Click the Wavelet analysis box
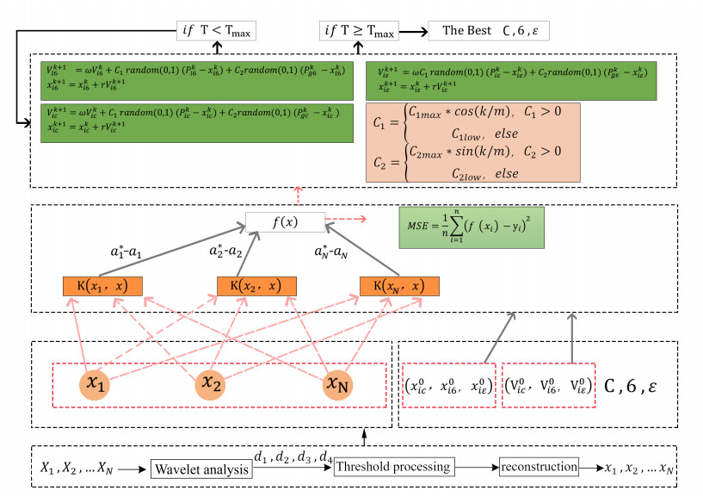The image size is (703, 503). pyautogui.click(x=200, y=469)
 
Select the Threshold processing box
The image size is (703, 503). pyautogui.click(x=394, y=467)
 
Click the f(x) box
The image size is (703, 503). pyautogui.click(x=285, y=223)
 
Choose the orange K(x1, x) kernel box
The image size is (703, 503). pyautogui.click(x=102, y=287)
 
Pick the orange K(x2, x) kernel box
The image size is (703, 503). pyautogui.click(x=252, y=287)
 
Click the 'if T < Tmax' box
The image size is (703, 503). pyautogui.click(x=216, y=32)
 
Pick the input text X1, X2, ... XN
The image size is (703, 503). pyautogui.click(x=75, y=469)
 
